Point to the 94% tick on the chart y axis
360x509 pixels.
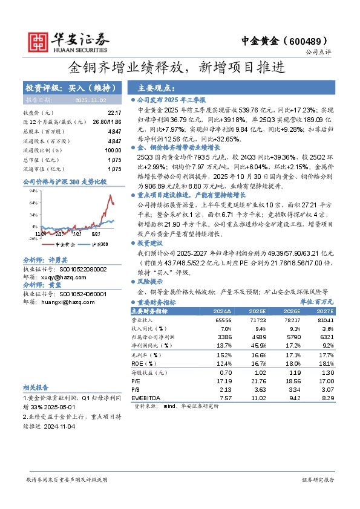tap(34, 191)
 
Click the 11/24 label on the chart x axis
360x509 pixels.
tap(41, 232)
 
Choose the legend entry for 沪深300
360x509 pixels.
tap(99, 244)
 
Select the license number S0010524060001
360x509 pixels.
tap(73, 294)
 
